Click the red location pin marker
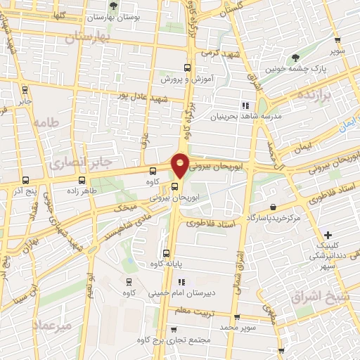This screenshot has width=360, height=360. tap(180, 165)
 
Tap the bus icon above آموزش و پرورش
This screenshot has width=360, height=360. tap(187, 68)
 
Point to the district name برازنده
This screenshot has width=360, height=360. tap(313, 94)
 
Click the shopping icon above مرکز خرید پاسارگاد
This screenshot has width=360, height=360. tap(273, 207)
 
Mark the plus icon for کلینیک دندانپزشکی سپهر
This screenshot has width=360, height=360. tap(328, 235)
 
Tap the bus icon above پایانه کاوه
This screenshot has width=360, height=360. tap(166, 253)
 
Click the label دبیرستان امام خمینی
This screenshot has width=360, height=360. tap(172, 293)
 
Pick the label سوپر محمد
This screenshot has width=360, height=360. tap(237, 327)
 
